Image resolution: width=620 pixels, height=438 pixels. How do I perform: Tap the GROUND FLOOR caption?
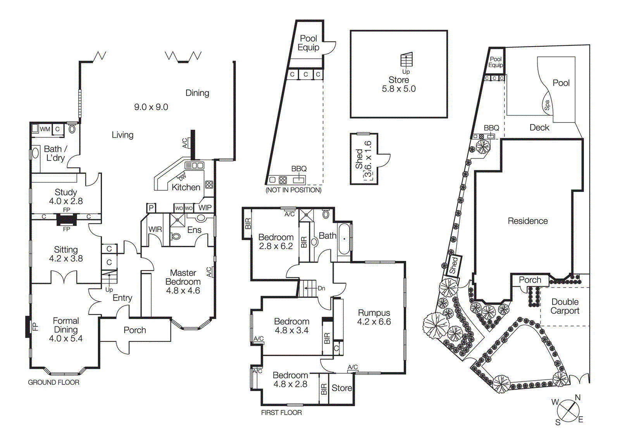tap(53, 382)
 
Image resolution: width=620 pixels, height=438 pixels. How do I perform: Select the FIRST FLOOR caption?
tap(281, 412)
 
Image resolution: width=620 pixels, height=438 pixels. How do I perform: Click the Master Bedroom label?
tap(183, 281)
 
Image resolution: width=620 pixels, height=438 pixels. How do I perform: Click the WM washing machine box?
tap(45, 129)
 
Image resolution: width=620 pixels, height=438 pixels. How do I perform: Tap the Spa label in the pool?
tap(547, 105)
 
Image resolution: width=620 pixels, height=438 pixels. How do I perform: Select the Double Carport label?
tap(565, 306)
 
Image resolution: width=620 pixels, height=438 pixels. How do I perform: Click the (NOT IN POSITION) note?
tap(293, 190)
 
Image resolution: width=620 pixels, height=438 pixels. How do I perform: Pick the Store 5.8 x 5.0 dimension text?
tap(399, 89)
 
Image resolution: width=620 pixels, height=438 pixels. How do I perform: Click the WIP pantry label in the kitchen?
tap(205, 207)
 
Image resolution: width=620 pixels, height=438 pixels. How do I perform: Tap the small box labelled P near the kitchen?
tap(151, 208)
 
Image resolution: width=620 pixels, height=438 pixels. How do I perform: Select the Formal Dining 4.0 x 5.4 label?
tap(66, 329)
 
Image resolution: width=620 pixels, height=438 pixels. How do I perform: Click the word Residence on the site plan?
tap(528, 221)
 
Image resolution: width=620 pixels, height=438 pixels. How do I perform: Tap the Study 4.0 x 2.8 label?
tap(66, 197)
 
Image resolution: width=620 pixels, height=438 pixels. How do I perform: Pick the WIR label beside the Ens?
tap(155, 229)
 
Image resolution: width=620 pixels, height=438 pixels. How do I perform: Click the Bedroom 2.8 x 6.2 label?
tap(276, 241)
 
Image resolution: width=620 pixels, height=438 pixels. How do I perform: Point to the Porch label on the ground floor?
tap(135, 330)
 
